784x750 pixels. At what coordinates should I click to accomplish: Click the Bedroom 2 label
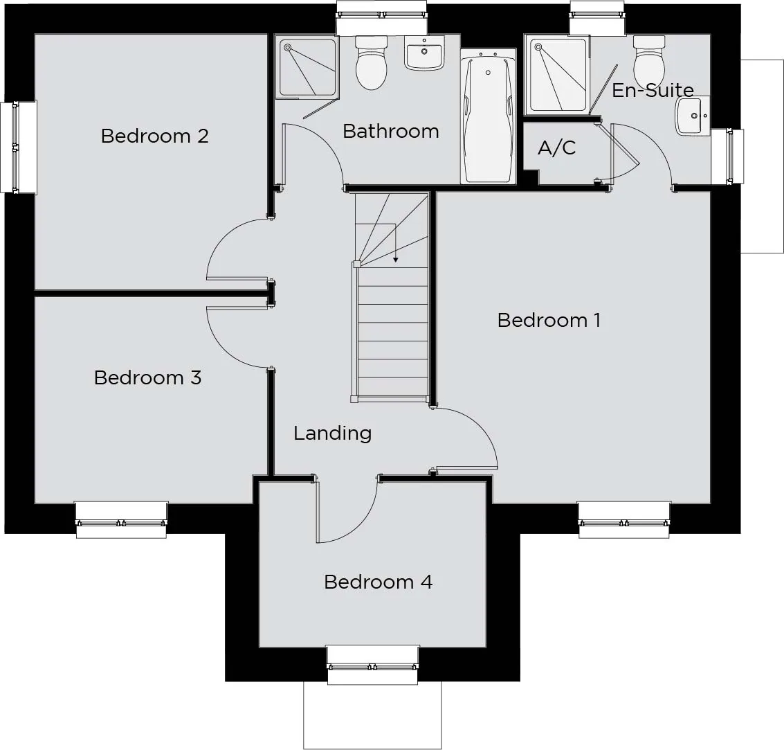154,136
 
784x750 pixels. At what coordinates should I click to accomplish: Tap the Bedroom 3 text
147,377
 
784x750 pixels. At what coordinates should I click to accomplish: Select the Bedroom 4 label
378,582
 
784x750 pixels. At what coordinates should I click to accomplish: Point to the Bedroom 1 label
549,320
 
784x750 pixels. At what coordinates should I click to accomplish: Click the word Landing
333,434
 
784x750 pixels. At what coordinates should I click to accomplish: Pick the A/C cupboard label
556,148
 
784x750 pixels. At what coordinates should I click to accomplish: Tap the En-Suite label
653,90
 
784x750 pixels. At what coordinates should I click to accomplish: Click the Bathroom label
391,131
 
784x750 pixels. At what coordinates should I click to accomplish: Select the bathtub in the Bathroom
488,116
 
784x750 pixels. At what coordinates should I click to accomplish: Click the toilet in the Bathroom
372,62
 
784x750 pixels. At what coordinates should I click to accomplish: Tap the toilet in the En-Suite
649,61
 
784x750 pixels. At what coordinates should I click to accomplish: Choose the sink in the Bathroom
424,53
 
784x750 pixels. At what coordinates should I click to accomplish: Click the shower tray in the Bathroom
307,68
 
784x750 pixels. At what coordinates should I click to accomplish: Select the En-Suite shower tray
558,75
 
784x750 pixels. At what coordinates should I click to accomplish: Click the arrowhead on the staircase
396,259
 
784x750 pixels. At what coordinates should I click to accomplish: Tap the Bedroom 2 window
18,147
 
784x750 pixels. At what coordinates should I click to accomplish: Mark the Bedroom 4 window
372,666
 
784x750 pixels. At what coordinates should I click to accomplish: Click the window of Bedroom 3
121,520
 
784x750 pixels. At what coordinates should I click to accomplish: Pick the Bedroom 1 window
624,520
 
